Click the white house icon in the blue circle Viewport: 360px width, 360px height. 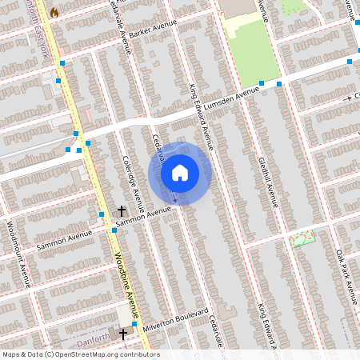[x=180, y=172]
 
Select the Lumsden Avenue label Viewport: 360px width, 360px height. [x=231, y=98]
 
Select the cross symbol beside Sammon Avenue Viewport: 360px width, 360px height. [x=121, y=209]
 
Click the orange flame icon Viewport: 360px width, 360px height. [x=54, y=13]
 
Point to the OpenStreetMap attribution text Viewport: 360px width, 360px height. [x=81, y=354]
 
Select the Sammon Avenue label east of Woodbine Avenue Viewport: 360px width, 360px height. [x=144, y=214]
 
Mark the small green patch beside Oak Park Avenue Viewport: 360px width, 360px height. [x=303, y=238]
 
